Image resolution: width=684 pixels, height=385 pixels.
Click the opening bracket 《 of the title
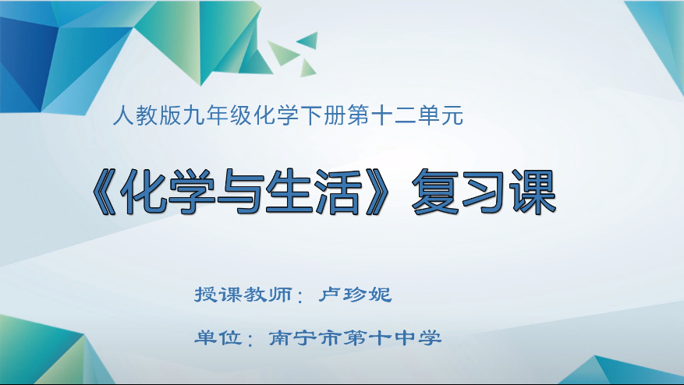tap(102, 192)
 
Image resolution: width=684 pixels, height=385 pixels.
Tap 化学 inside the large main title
tap(172, 192)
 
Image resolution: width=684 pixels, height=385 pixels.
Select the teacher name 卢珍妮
tap(355, 296)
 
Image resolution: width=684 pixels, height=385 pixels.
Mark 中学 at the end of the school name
tap(421, 338)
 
